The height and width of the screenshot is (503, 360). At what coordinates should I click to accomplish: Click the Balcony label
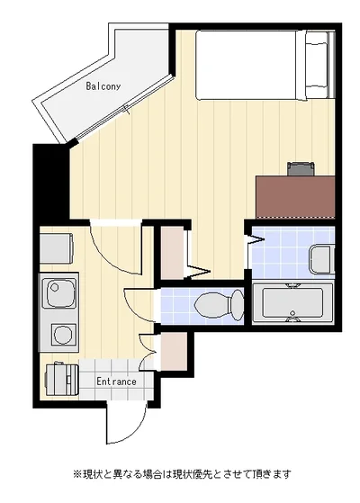[x=103, y=86]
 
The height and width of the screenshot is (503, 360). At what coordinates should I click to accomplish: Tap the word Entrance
[x=116, y=382]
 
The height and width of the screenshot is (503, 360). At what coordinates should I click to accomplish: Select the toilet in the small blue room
[x=219, y=304]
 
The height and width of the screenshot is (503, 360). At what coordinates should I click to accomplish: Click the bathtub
[x=292, y=303]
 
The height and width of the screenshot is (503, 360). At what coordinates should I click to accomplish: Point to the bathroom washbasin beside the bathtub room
[x=321, y=259]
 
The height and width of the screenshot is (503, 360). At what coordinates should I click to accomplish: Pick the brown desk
[x=295, y=197]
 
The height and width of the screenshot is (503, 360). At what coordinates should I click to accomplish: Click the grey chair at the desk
[x=301, y=169]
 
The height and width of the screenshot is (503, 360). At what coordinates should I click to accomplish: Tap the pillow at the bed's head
[x=317, y=65]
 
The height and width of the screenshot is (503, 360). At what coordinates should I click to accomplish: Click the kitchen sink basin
[x=59, y=292]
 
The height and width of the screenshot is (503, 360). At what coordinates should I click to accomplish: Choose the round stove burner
[x=63, y=335]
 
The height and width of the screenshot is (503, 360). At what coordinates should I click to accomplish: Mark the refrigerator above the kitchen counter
[x=56, y=248]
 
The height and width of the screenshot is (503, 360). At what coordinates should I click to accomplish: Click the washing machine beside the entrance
[x=62, y=380]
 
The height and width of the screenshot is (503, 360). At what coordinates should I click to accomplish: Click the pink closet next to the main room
[x=172, y=253]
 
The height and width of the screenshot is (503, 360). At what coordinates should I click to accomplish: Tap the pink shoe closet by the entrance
[x=174, y=351]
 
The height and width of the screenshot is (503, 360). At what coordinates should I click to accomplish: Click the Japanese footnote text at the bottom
[x=183, y=474]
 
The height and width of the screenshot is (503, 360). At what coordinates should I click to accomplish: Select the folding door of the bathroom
[x=256, y=238]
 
